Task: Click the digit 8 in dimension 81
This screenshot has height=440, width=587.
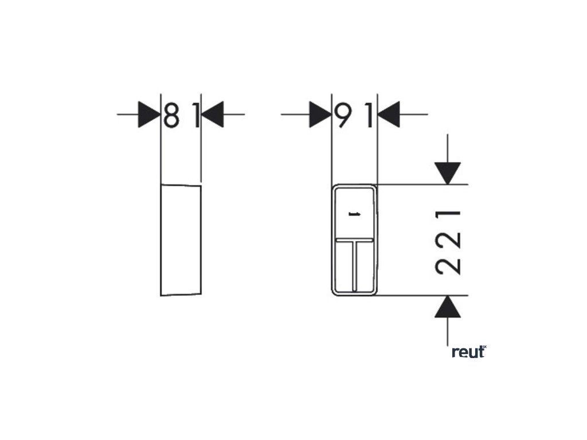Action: click(x=170, y=115)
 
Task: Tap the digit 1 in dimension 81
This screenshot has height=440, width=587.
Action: click(x=195, y=115)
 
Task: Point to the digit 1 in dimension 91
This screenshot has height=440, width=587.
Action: click(x=370, y=115)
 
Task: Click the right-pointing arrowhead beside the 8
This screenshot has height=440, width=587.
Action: click(x=148, y=115)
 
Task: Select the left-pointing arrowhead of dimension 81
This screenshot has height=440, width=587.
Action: click(x=212, y=115)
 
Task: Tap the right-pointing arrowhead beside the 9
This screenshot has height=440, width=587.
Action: click(x=320, y=115)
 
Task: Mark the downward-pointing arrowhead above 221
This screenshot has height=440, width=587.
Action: click(x=448, y=172)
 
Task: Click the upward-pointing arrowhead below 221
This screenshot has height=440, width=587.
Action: click(x=448, y=307)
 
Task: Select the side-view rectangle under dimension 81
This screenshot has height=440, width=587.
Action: click(x=181, y=240)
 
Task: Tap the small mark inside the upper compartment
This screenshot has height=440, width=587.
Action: click(x=354, y=215)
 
